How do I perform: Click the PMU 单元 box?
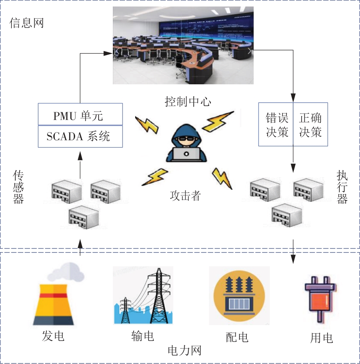click(x=80, y=115)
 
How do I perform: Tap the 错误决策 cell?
click(x=276, y=124)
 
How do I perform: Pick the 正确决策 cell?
click(x=310, y=124)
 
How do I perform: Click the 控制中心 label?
click(x=188, y=101)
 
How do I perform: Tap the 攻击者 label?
click(x=185, y=196)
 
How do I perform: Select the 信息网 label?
click(x=26, y=23)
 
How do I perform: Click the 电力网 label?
click(x=185, y=350)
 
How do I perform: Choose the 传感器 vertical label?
click(x=19, y=187)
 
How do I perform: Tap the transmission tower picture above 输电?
click(x=143, y=296)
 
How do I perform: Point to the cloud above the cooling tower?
click(x=65, y=272)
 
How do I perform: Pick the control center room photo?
click(x=183, y=45)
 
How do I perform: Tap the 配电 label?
click(x=237, y=337)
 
